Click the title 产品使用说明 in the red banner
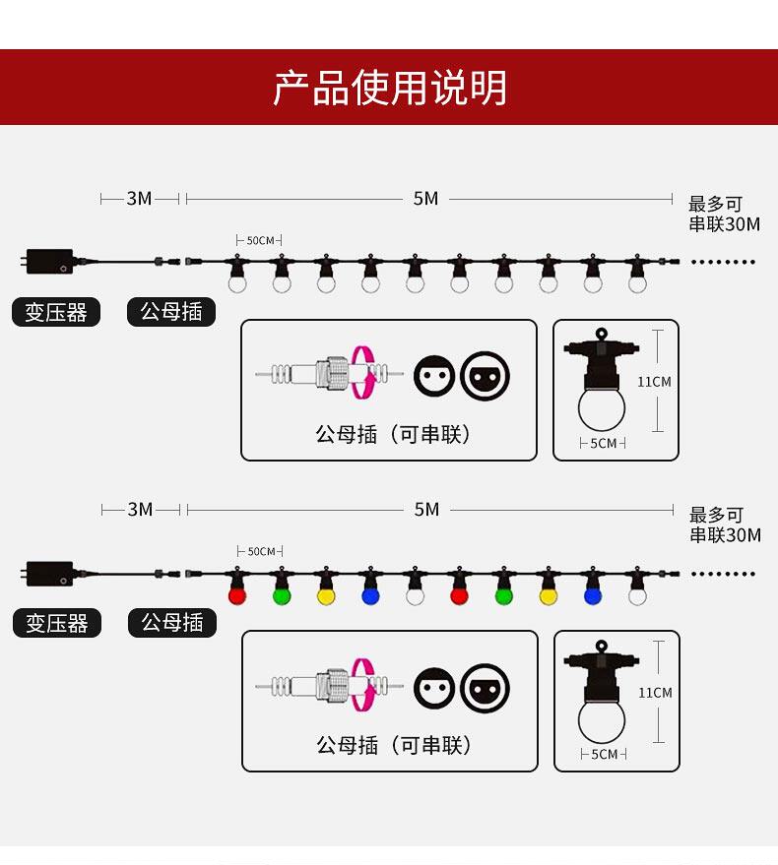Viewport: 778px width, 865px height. [x=390, y=89]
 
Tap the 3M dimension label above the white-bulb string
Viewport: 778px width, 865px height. [x=139, y=199]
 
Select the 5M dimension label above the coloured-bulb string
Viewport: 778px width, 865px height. [x=426, y=510]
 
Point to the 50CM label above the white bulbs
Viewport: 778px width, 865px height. [x=261, y=240]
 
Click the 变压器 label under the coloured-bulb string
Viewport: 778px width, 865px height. [x=57, y=623]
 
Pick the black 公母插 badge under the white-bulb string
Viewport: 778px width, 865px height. [x=171, y=312]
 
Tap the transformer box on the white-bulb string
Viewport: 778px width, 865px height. [x=50, y=262]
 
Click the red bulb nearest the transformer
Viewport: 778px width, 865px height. [x=236, y=595]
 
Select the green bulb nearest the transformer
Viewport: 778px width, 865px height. [x=282, y=595]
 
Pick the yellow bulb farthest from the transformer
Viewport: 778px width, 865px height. [x=549, y=595]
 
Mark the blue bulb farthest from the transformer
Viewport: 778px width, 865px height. [x=593, y=595]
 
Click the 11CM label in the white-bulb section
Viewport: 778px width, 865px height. [x=654, y=382]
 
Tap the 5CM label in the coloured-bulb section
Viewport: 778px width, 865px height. [x=604, y=755]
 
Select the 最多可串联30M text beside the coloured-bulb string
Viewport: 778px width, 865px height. [x=725, y=525]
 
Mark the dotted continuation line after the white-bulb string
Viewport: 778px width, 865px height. [x=724, y=262]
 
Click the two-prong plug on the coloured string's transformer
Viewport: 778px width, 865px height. [x=21, y=573]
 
